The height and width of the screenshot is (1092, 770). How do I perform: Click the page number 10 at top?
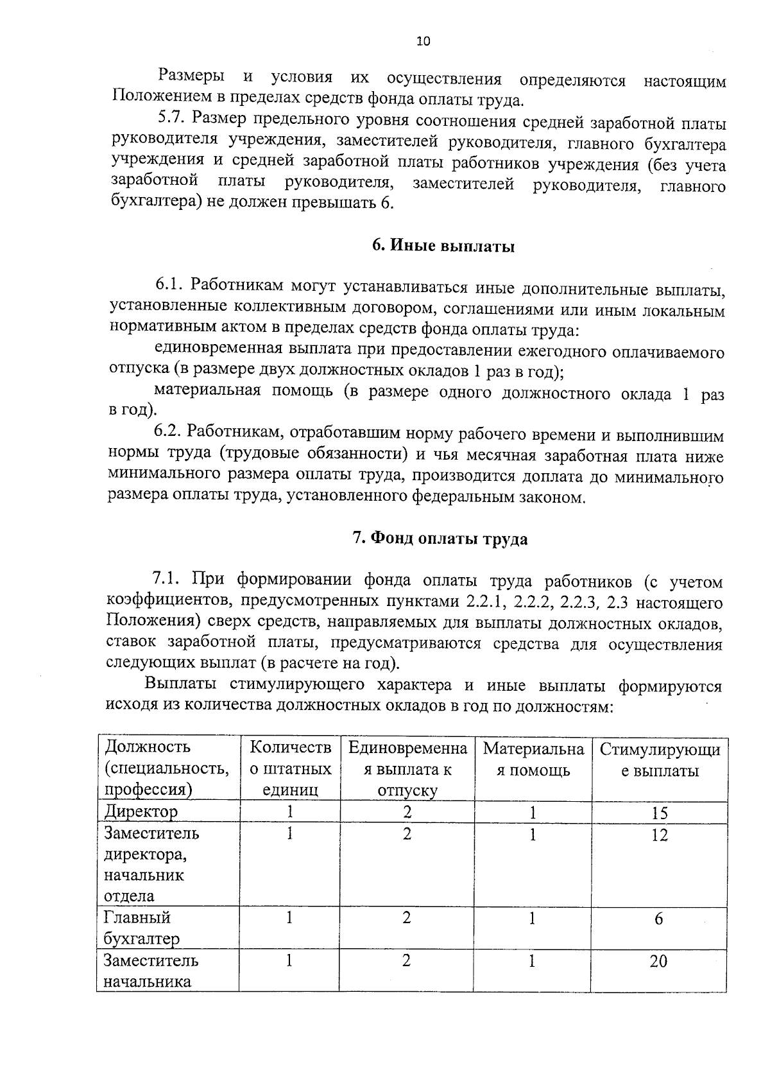[424, 42]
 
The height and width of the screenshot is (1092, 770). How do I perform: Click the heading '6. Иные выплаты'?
[443, 247]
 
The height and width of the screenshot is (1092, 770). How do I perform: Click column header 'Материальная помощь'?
[534, 759]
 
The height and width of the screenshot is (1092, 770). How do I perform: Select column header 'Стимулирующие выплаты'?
[660, 760]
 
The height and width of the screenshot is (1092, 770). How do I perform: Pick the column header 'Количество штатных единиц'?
[290, 768]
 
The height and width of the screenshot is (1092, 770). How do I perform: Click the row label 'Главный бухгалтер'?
[142, 928]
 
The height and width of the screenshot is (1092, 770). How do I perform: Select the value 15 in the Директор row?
[660, 813]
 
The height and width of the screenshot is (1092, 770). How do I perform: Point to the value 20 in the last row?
[658, 961]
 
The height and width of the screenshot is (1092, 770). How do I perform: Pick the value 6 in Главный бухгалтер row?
[659, 919]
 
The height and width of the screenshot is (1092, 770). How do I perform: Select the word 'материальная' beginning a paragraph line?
[207, 391]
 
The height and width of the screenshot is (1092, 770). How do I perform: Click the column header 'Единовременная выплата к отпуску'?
[407, 768]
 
